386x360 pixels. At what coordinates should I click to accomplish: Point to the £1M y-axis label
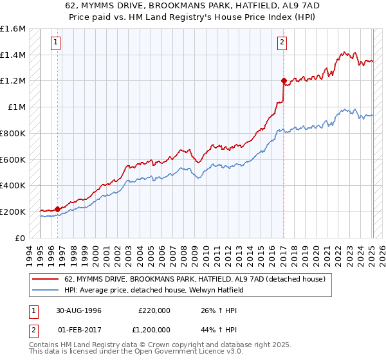pyautogui.click(x=17, y=107)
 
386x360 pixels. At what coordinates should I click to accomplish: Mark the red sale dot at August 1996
pyautogui.click(x=58, y=209)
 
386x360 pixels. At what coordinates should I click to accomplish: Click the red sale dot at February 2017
pyautogui.click(x=283, y=81)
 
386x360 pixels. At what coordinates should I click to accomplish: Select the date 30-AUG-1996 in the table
pyautogui.click(x=78, y=310)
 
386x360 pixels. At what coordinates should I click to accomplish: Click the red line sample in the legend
pyautogui.click(x=45, y=279)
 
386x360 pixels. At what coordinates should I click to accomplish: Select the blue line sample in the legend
pyautogui.click(x=45, y=290)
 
